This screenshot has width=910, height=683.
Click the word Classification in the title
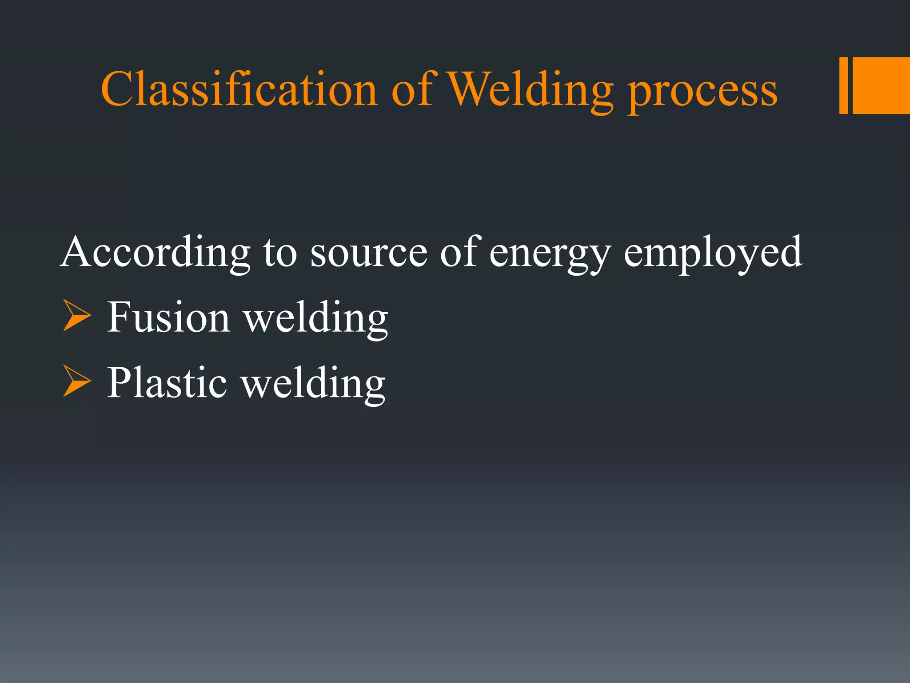click(239, 89)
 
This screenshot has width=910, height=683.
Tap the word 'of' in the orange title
click(412, 89)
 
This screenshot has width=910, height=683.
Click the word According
click(155, 253)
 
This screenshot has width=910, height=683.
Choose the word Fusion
click(168, 317)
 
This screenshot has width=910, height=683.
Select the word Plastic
click(167, 383)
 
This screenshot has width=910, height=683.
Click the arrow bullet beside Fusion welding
click(76, 315)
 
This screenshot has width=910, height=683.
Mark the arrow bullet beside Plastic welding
click(76, 381)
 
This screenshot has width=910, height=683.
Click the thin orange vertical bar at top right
click(843, 85)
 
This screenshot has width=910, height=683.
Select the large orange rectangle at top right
click(881, 85)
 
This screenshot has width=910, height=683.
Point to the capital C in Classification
click(116, 89)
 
